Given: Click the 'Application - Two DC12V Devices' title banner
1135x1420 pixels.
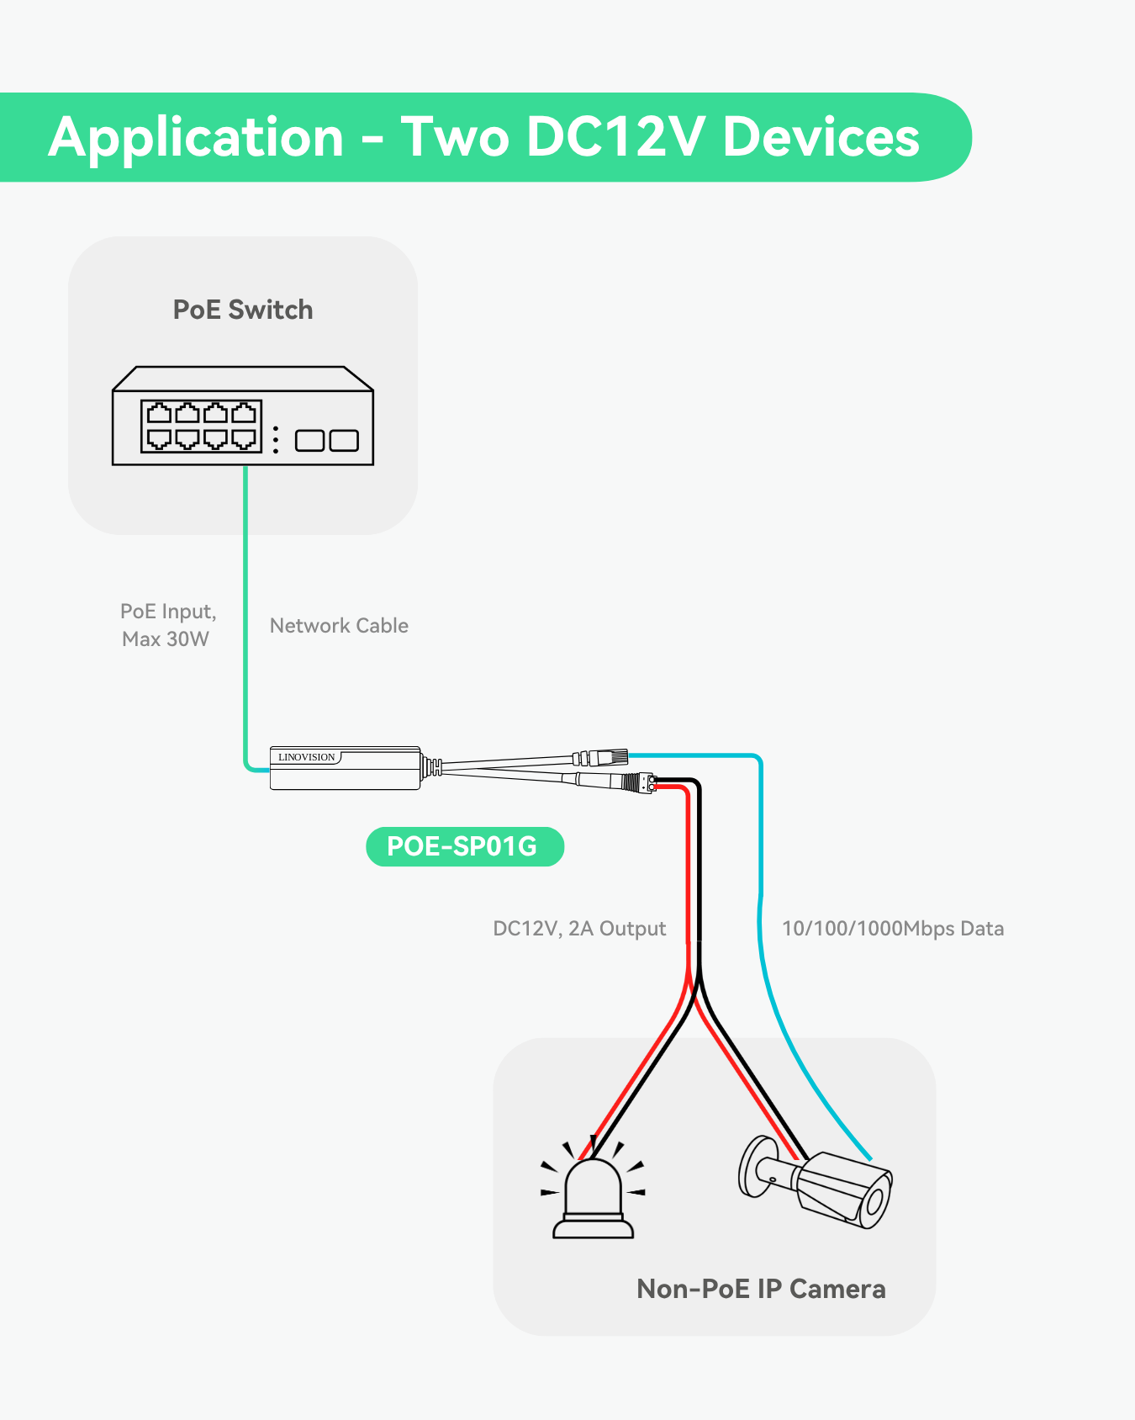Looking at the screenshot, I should point(483,137).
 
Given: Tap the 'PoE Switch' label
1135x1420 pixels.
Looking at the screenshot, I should point(243,310).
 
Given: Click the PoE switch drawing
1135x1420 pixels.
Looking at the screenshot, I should point(243,416).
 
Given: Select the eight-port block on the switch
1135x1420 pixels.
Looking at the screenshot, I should point(201,426).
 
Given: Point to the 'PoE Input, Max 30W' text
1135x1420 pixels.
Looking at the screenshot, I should point(168,625).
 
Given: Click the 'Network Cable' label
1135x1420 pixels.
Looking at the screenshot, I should point(339,626).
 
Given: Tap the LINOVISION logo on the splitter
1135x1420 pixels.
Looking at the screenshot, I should point(307,757).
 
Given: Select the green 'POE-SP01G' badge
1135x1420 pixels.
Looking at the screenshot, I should point(464,846).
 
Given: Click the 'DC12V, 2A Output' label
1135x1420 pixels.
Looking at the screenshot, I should point(579,929).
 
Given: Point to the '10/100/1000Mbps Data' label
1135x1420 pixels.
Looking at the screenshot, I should point(893,929).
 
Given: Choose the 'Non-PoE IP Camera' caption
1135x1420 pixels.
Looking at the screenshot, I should point(761,1289).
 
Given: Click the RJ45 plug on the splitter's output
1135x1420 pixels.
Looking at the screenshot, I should point(610,757).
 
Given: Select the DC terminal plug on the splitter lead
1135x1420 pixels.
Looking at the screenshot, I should point(645,784).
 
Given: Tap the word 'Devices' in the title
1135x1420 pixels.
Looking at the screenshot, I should point(821,137).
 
